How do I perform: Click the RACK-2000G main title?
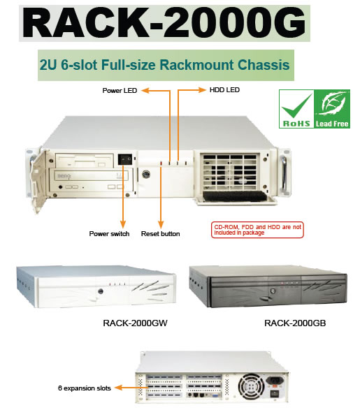coord(164,23)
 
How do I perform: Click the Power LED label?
coord(120,91)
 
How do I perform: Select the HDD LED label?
coord(224,90)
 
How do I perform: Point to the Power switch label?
coord(109,233)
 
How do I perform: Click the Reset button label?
coord(160,233)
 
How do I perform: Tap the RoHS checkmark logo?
coord(296,109)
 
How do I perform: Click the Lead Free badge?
coord(332,109)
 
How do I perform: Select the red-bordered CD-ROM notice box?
coord(257,230)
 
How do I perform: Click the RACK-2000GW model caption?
coord(135,323)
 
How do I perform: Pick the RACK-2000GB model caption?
coord(295,323)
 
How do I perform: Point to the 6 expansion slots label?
coord(85,388)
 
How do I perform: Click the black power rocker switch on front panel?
coord(125,159)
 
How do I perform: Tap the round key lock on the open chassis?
coord(146,174)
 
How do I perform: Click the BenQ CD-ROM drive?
coord(91,181)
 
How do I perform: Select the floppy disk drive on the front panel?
coord(85,160)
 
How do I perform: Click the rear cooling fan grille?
coord(251,387)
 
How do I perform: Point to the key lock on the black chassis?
coord(273,291)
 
